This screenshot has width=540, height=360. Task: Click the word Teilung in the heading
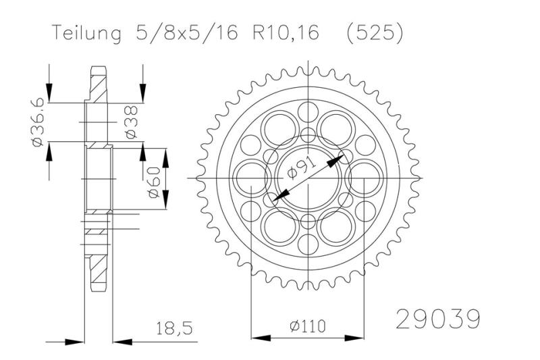[84, 34]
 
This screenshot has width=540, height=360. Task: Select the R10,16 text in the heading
[283, 34]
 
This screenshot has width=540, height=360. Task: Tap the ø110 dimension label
[307, 326]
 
